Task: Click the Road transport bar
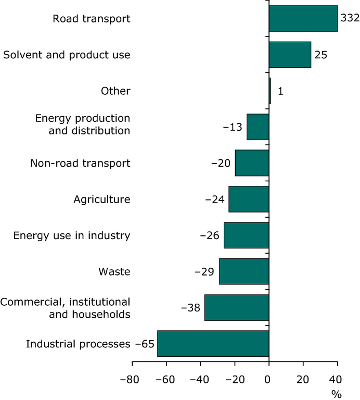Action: pyautogui.click(x=303, y=19)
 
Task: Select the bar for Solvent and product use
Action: pyautogui.click(x=290, y=55)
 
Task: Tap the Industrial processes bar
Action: pyautogui.click(x=213, y=344)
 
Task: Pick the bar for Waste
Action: pyautogui.click(x=243, y=271)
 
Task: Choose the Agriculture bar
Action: pyautogui.click(x=248, y=199)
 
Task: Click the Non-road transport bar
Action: pyautogui.click(x=252, y=163)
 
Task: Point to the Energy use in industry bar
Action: pyautogui.click(x=246, y=235)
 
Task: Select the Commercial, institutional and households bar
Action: pyautogui.click(x=236, y=307)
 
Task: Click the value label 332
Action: pyautogui.click(x=349, y=18)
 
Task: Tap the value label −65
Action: pyautogui.click(x=145, y=344)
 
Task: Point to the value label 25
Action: pyautogui.click(x=321, y=55)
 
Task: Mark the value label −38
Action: pyautogui.click(x=191, y=307)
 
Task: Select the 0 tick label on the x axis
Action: pyautogui.click(x=268, y=380)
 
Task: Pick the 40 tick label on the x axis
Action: pyautogui.click(x=337, y=380)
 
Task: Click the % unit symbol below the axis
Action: pyautogui.click(x=337, y=394)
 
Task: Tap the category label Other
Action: pyautogui.click(x=115, y=91)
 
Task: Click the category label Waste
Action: pyautogui.click(x=114, y=271)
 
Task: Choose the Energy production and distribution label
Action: pyautogui.click(x=82, y=124)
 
